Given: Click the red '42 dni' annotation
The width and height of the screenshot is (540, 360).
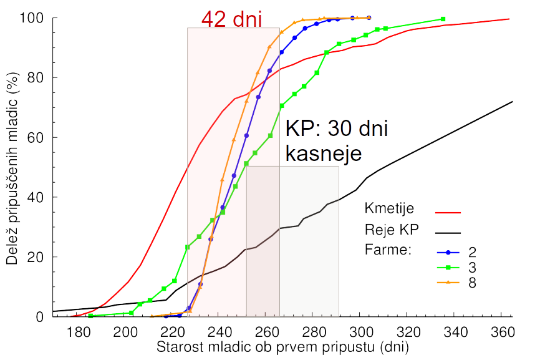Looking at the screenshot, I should pos(232,18).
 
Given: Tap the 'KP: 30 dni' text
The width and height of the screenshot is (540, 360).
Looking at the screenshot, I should pos(337,129).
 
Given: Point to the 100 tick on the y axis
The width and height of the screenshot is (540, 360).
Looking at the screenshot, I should pos(34,18).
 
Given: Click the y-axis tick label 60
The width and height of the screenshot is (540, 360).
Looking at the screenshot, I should pos(37,137).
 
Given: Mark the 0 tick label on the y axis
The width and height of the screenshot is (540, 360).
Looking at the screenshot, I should pos(40,316).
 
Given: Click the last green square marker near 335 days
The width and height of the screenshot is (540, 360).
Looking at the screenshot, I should pos(443,19).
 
